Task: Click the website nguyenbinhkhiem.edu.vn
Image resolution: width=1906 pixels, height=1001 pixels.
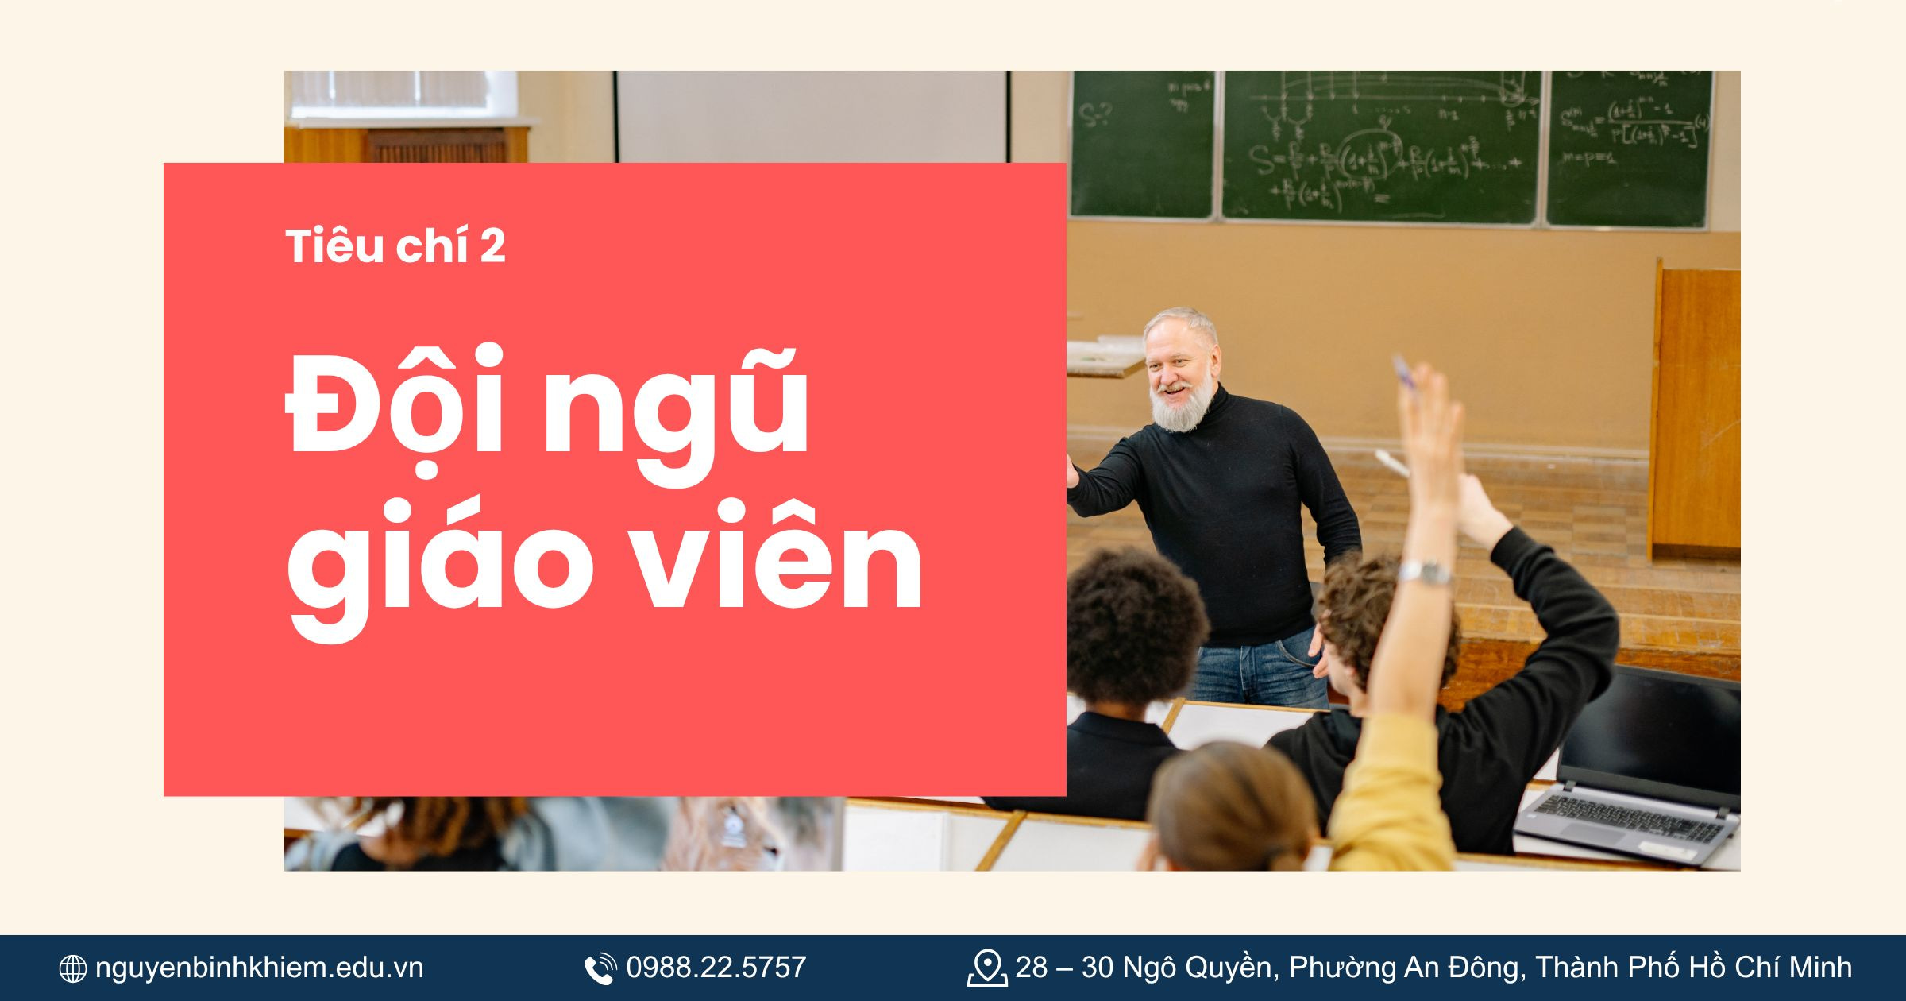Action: coord(259,968)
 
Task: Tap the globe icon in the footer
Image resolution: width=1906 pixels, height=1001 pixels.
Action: coord(73,968)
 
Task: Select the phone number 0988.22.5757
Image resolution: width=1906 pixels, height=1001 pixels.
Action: coord(716,968)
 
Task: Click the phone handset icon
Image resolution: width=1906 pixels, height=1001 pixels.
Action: coord(600,968)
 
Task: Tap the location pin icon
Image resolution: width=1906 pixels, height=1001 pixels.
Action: coord(986,968)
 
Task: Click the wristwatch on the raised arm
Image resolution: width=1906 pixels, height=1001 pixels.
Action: coord(1426,572)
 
